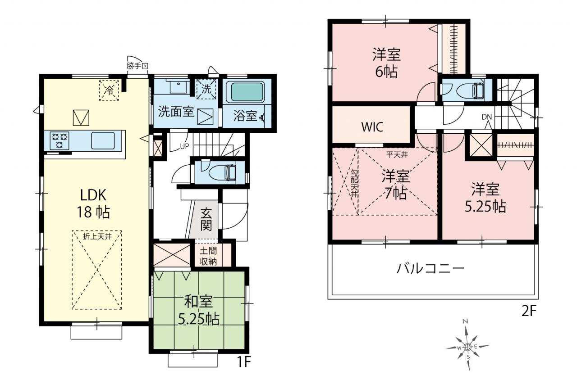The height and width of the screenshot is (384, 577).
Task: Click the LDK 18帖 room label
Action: (93, 203)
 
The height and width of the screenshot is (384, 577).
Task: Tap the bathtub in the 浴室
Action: (247, 92)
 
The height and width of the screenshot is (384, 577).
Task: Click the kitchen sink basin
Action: (103, 140)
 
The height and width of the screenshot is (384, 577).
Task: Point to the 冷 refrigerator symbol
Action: (109, 90)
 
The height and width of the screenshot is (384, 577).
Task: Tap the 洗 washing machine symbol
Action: (206, 89)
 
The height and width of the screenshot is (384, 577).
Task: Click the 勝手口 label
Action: (137, 66)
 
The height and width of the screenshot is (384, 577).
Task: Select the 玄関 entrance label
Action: (206, 219)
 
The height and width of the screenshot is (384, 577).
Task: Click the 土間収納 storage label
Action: (208, 256)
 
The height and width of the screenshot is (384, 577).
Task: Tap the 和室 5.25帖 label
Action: (198, 310)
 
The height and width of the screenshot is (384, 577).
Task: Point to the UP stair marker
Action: (184, 146)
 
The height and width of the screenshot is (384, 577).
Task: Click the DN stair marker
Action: (487, 117)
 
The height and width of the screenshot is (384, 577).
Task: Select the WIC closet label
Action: (372, 127)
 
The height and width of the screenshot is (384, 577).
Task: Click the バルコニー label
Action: (430, 269)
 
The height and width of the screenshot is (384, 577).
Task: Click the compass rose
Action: (467, 347)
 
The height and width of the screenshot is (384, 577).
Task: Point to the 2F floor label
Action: (529, 312)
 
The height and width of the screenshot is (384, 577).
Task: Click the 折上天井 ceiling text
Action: (97, 236)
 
